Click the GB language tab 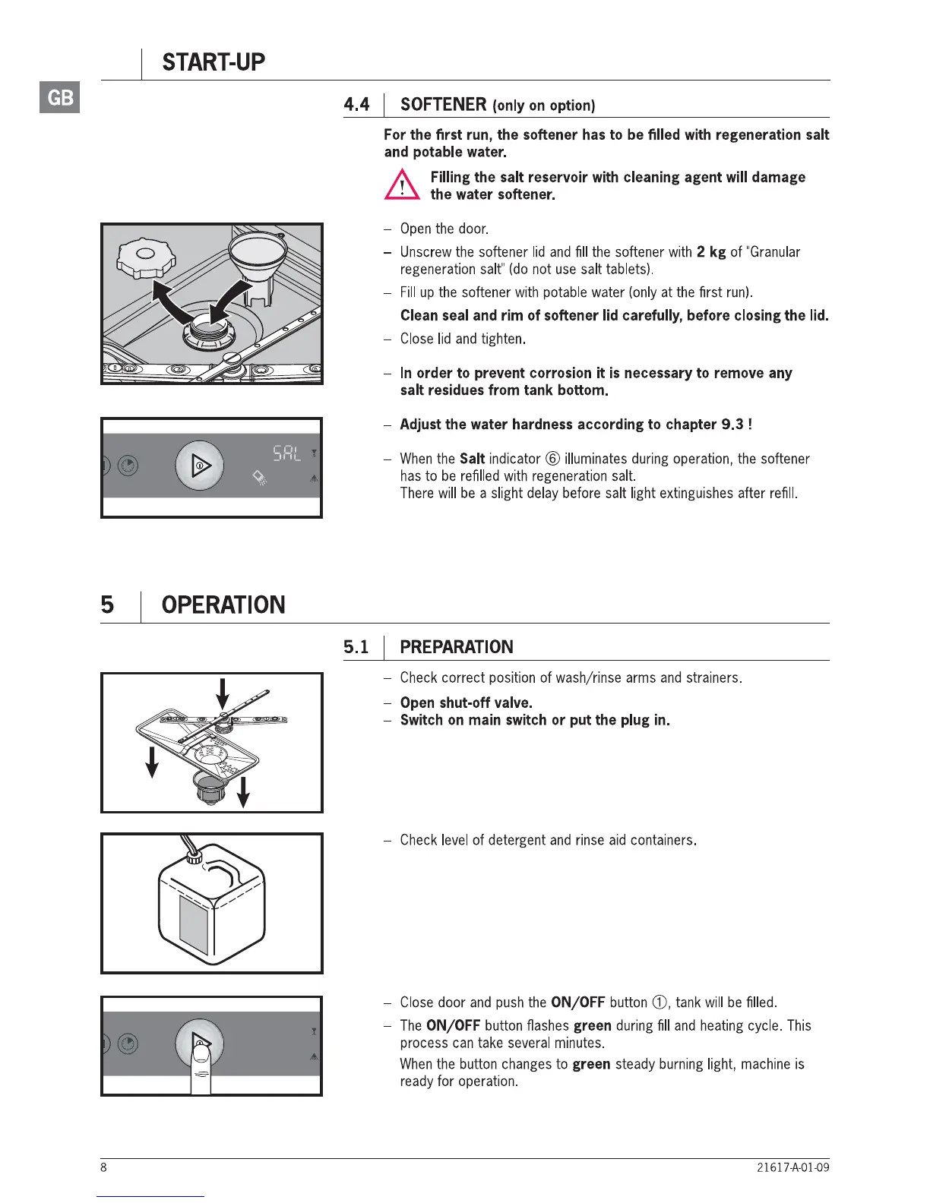(60, 97)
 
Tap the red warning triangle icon (401, 185)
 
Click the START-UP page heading (214, 62)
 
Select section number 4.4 (356, 105)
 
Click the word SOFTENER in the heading (443, 105)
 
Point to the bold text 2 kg (711, 252)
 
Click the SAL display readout (287, 453)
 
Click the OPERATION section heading (223, 605)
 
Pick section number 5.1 (356, 647)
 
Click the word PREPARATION (457, 647)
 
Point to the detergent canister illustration (212, 904)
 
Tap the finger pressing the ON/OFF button (201, 1067)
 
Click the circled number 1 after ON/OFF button (659, 1003)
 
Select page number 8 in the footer (104, 1167)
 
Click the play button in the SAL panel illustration (200, 465)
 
